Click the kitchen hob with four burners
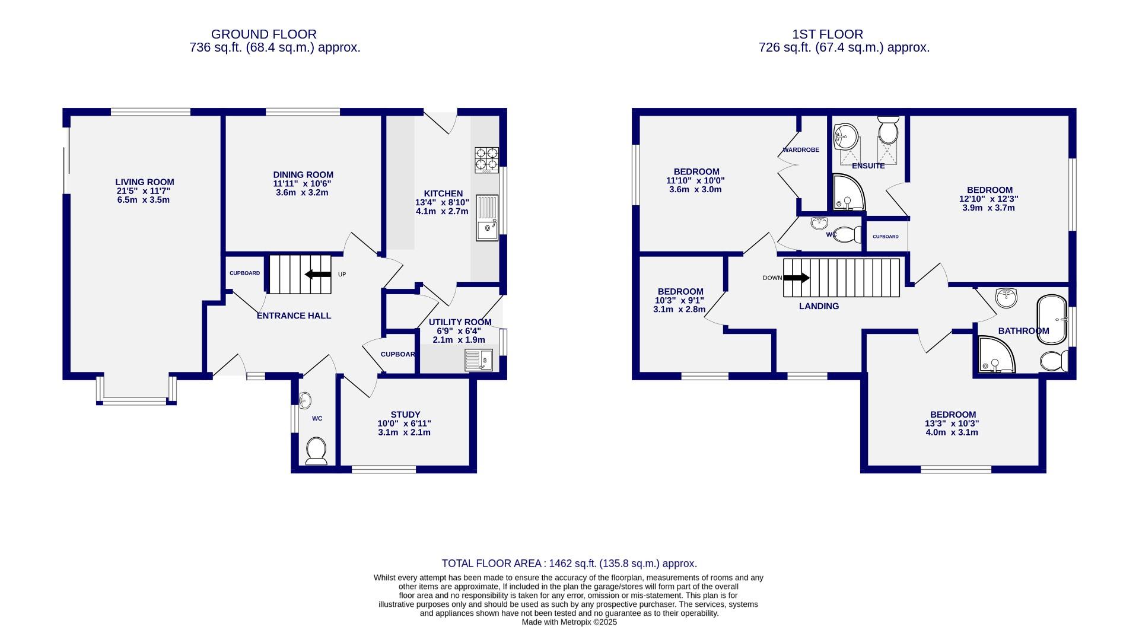(x=486, y=160)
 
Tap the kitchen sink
(x=488, y=218)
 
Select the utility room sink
(x=479, y=360)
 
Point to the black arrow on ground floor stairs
(x=318, y=274)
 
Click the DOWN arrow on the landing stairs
(x=796, y=278)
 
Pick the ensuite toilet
(x=888, y=131)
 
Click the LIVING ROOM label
(x=144, y=182)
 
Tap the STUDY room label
(x=405, y=415)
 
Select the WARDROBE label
(x=800, y=150)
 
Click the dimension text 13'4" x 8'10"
(x=442, y=202)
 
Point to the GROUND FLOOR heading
(x=263, y=34)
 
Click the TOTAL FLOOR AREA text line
(x=569, y=564)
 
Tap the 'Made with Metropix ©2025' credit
(x=569, y=622)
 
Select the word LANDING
(x=819, y=306)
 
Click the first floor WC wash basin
(x=820, y=224)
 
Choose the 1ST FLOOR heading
(x=844, y=34)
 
